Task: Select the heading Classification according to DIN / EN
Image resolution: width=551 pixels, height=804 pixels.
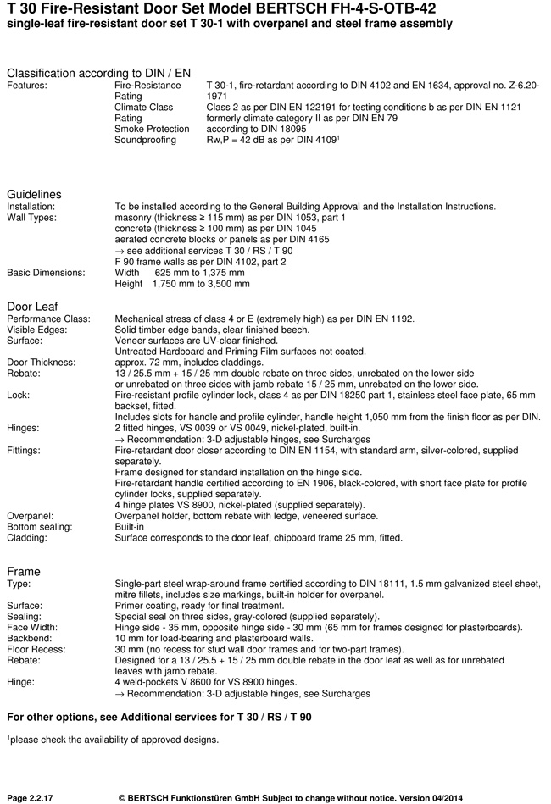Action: click(x=98, y=74)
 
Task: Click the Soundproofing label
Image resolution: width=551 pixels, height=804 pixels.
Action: click(x=145, y=140)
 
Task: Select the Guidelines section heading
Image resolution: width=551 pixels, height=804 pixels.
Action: click(x=34, y=195)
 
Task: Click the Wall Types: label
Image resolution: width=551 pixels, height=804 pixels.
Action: click(x=31, y=218)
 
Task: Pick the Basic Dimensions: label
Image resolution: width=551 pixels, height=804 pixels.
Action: click(x=46, y=273)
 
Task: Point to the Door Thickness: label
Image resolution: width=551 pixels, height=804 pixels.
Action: click(x=42, y=362)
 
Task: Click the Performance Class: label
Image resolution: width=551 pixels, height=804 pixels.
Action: click(x=48, y=319)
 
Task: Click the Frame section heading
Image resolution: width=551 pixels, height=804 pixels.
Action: click(x=24, y=571)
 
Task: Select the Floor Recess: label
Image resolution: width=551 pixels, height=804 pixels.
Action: click(x=36, y=649)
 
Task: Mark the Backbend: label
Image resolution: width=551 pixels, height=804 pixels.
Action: click(x=31, y=638)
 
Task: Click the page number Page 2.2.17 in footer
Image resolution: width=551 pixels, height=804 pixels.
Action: click(x=35, y=797)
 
